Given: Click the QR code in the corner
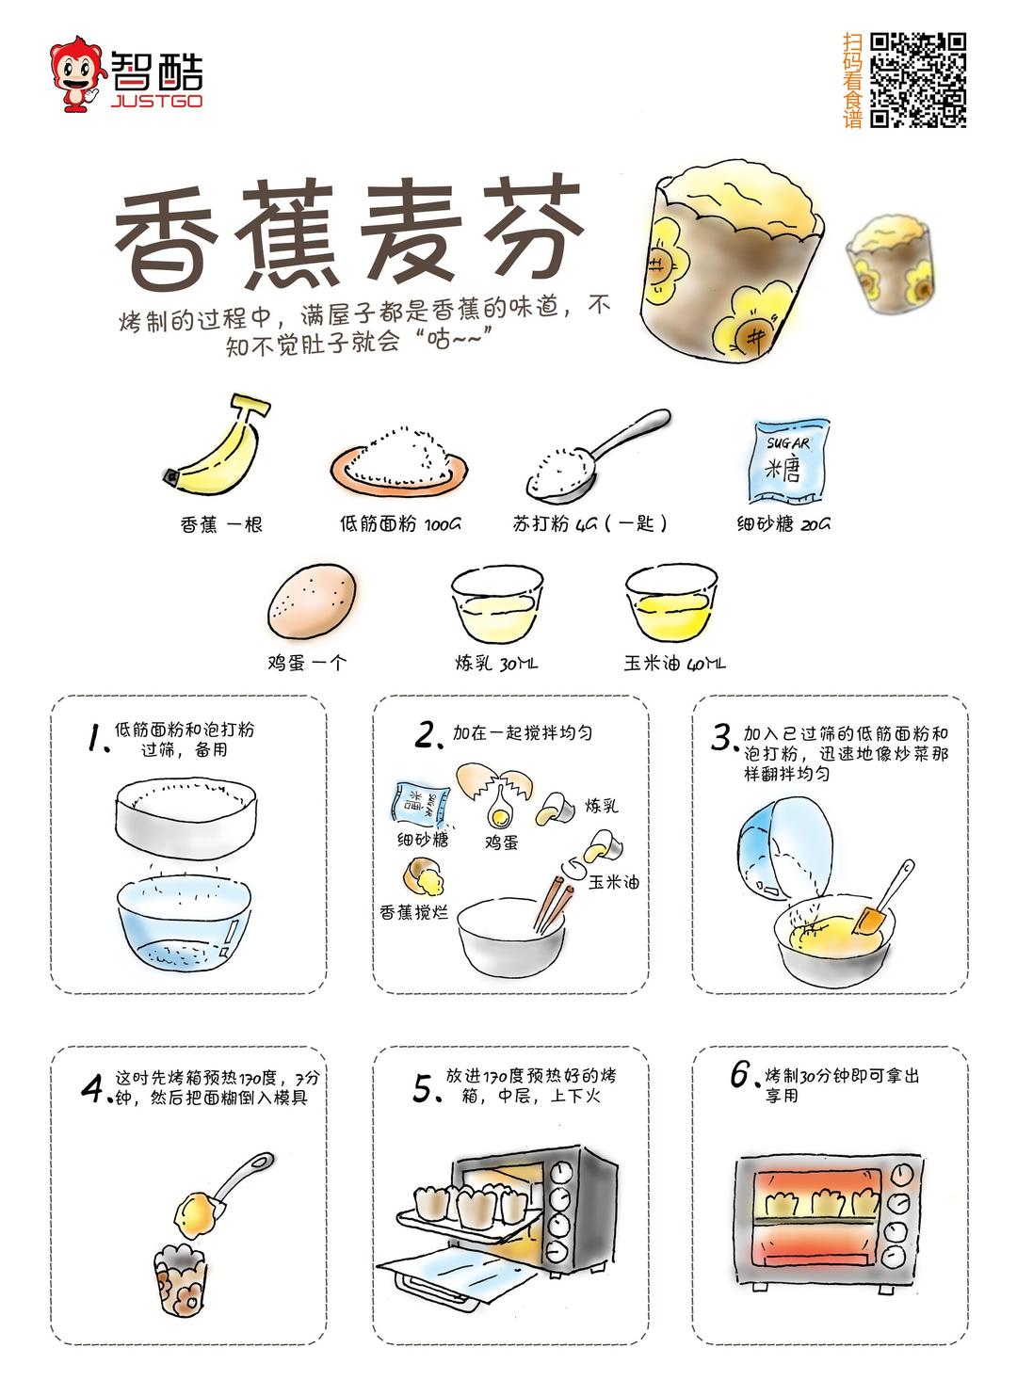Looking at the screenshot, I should [917, 80].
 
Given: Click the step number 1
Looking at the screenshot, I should [94, 738].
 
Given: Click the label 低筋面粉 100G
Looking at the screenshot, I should [400, 524].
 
